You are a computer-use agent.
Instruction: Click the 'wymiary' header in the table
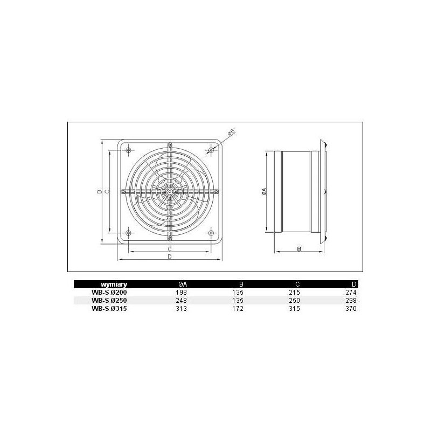pyautogui.click(x=114, y=284)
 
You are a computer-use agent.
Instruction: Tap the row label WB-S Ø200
pyautogui.click(x=109, y=293)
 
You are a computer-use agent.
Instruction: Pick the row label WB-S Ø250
pyautogui.click(x=109, y=301)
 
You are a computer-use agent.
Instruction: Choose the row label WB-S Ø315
pyautogui.click(x=109, y=308)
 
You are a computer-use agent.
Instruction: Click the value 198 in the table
pyautogui.click(x=182, y=293)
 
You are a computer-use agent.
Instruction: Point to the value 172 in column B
pyautogui.click(x=238, y=308)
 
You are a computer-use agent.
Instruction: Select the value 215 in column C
pyautogui.click(x=294, y=293)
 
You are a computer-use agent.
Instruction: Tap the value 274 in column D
pyautogui.click(x=351, y=293)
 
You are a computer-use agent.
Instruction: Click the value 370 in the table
pyautogui.click(x=351, y=308)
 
